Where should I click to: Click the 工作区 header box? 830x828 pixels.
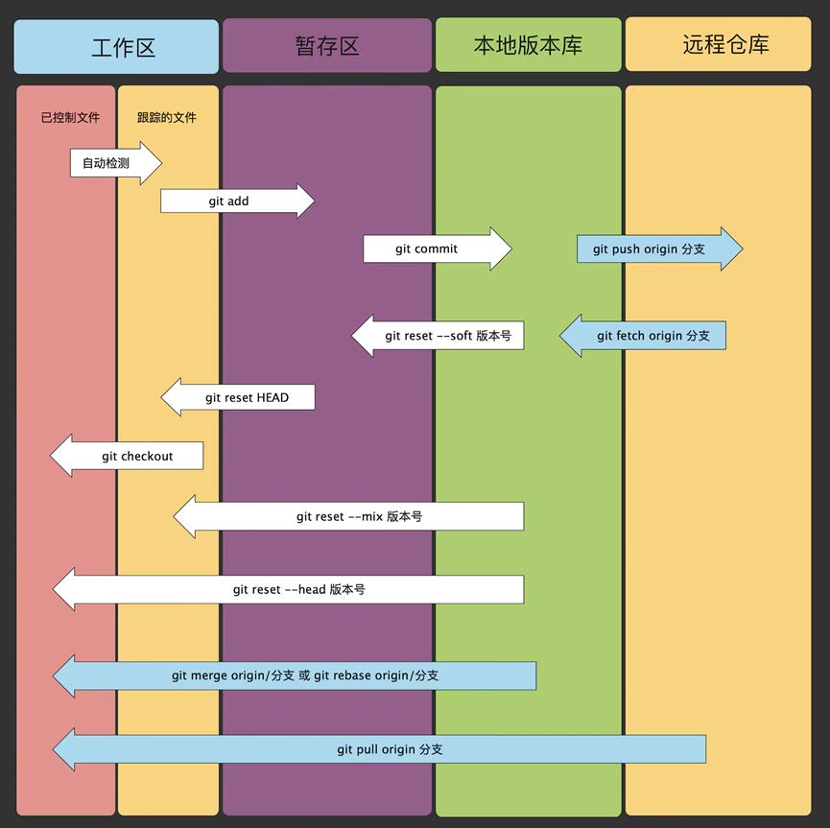(116, 47)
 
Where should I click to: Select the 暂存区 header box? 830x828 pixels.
(327, 45)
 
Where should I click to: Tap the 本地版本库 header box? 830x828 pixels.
(529, 44)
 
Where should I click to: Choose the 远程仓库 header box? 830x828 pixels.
(718, 44)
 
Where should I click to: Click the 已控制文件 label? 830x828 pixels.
(70, 117)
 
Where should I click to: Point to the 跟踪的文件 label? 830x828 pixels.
(167, 117)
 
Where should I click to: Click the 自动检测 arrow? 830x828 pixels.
(116, 163)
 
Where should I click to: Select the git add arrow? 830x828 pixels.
(238, 201)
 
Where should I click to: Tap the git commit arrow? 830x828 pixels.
(438, 248)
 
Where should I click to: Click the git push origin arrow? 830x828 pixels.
(660, 248)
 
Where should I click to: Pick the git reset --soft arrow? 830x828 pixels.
(438, 336)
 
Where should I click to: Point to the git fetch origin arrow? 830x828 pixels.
(643, 336)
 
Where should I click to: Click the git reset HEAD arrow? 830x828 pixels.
(238, 397)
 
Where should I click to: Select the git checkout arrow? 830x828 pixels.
(127, 456)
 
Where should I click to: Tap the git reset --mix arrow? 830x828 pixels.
(348, 516)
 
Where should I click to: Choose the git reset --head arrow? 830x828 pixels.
(288, 589)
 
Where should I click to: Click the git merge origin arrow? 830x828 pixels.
(295, 675)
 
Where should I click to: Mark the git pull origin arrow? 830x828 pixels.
(379, 749)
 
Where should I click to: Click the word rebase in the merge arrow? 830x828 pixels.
(352, 675)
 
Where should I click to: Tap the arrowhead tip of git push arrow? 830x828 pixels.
(744, 248)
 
